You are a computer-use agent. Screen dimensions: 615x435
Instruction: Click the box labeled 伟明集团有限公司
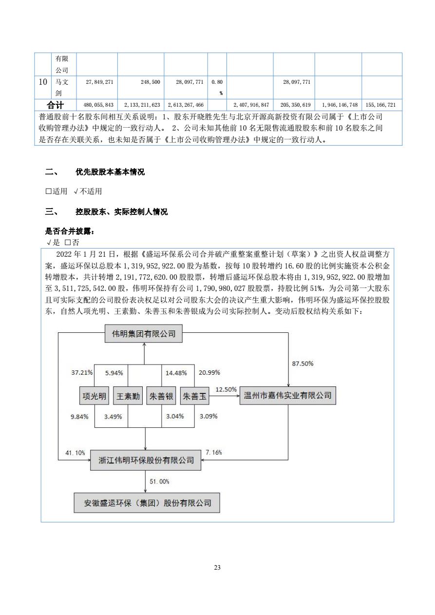click(144, 334)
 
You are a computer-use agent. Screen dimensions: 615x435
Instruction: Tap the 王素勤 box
click(127, 396)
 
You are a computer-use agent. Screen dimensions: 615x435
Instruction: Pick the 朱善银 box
click(161, 396)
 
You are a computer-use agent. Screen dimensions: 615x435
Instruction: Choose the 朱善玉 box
click(194, 396)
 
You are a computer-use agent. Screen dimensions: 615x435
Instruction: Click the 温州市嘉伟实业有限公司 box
click(288, 395)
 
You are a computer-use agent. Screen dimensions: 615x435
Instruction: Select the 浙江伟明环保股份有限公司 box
click(146, 460)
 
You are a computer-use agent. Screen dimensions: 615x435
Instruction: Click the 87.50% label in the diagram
click(303, 364)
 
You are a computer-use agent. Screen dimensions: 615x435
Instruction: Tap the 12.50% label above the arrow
click(226, 389)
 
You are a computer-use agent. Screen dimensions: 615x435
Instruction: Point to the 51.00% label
click(159, 481)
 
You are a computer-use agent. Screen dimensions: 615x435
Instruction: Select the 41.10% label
click(75, 453)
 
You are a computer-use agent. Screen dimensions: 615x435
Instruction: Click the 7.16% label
click(214, 453)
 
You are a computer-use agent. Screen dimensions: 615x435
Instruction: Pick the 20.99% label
click(209, 373)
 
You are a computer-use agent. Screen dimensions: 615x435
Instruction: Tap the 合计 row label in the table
click(55, 105)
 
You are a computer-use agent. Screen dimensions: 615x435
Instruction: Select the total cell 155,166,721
click(381, 105)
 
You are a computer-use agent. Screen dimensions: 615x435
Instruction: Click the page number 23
click(217, 567)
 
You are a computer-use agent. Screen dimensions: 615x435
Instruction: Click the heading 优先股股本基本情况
click(110, 172)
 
